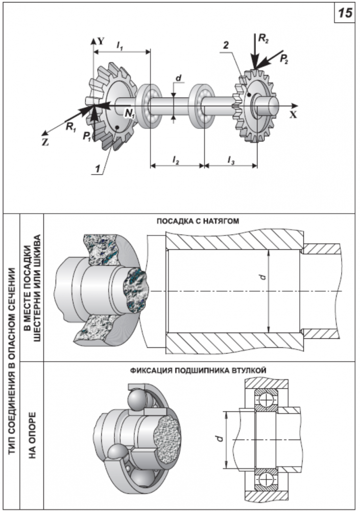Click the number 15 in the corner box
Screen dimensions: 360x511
tap(345, 13)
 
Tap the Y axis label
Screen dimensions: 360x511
tap(101, 41)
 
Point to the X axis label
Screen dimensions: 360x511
tap(294, 114)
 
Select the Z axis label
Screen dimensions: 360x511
tap(45, 143)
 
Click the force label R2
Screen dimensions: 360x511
tap(263, 38)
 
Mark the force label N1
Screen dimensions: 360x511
tap(130, 113)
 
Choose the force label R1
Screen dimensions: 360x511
tap(71, 127)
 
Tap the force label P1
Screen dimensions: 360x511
tap(87, 136)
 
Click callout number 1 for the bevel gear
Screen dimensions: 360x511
tap(97, 169)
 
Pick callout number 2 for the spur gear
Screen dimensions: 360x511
tap(226, 45)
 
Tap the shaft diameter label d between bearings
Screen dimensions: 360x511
tap(178, 78)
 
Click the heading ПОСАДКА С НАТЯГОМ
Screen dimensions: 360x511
tap(198, 221)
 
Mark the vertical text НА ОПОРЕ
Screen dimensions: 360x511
tap(32, 435)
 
